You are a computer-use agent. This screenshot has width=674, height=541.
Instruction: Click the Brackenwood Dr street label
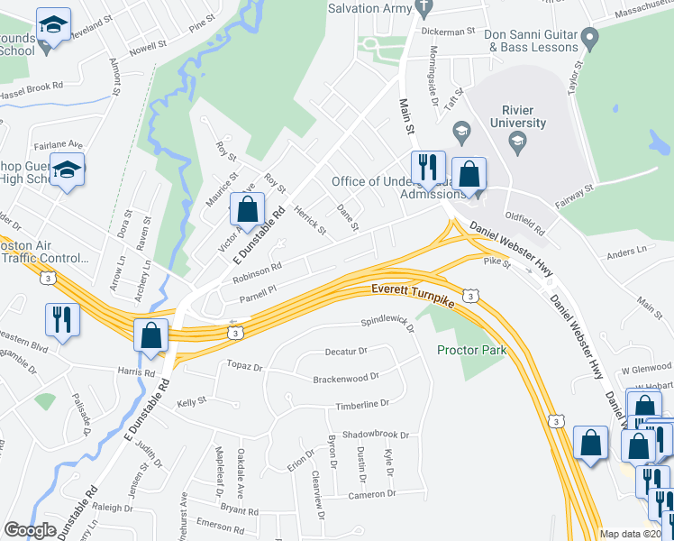tap(345, 378)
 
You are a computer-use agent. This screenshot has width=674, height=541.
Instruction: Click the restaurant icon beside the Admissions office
tap(425, 168)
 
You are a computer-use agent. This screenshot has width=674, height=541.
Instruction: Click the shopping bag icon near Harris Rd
tap(151, 335)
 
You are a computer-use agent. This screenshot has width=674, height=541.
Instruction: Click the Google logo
tap(30, 530)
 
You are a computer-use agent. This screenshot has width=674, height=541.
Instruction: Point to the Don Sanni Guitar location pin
tap(590, 38)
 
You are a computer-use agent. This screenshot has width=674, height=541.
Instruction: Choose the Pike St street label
tap(497, 263)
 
